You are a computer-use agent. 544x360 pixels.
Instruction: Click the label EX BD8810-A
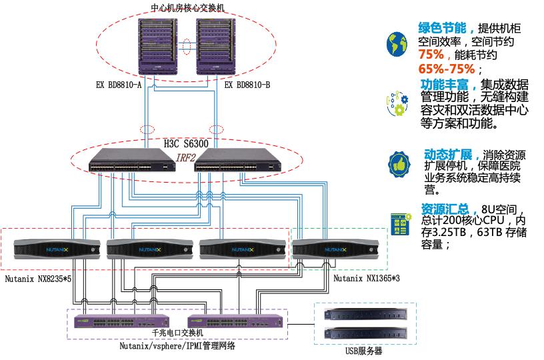tap(119, 85)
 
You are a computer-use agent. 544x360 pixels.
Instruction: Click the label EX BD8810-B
tap(247, 85)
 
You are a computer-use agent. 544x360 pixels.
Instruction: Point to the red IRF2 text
tap(187, 157)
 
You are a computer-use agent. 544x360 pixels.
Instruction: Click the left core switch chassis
tap(160, 47)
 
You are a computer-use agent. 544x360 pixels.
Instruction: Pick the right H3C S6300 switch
tap(239, 164)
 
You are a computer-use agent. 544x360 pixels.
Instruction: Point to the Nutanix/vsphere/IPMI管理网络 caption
tap(177, 346)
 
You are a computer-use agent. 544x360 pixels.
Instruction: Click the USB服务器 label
tap(364, 352)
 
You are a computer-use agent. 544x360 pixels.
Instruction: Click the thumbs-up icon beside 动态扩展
tap(399, 163)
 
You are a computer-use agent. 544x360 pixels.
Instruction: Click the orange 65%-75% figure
tap(447, 69)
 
